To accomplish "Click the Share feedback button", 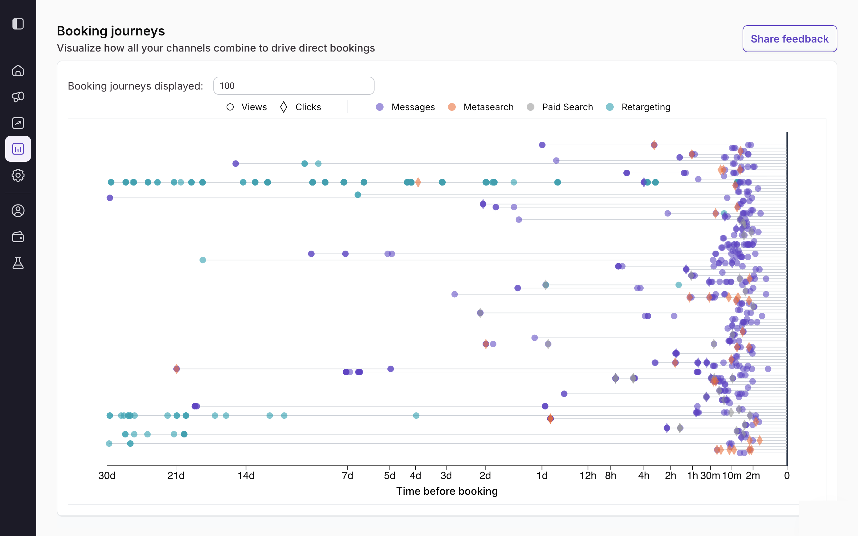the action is (x=790, y=39).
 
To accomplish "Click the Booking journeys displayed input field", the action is (x=294, y=86).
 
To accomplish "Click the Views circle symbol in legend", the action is (x=230, y=107).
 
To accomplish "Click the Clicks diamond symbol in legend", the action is (x=283, y=107).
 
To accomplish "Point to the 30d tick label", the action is (x=107, y=476).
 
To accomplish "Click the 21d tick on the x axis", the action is (x=176, y=476).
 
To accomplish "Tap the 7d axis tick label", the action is (x=347, y=476).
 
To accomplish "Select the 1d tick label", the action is (x=542, y=476).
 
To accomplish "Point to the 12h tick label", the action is (x=588, y=476).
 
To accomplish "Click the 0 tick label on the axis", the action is (x=787, y=476).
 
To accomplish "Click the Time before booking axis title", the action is (x=447, y=491).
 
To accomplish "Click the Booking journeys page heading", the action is (x=111, y=31).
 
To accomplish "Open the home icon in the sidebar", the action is (x=18, y=71).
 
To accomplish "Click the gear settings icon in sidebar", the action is (x=18, y=175).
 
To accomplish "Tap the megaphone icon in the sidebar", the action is (x=18, y=97).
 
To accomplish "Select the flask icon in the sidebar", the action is (x=18, y=263).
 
